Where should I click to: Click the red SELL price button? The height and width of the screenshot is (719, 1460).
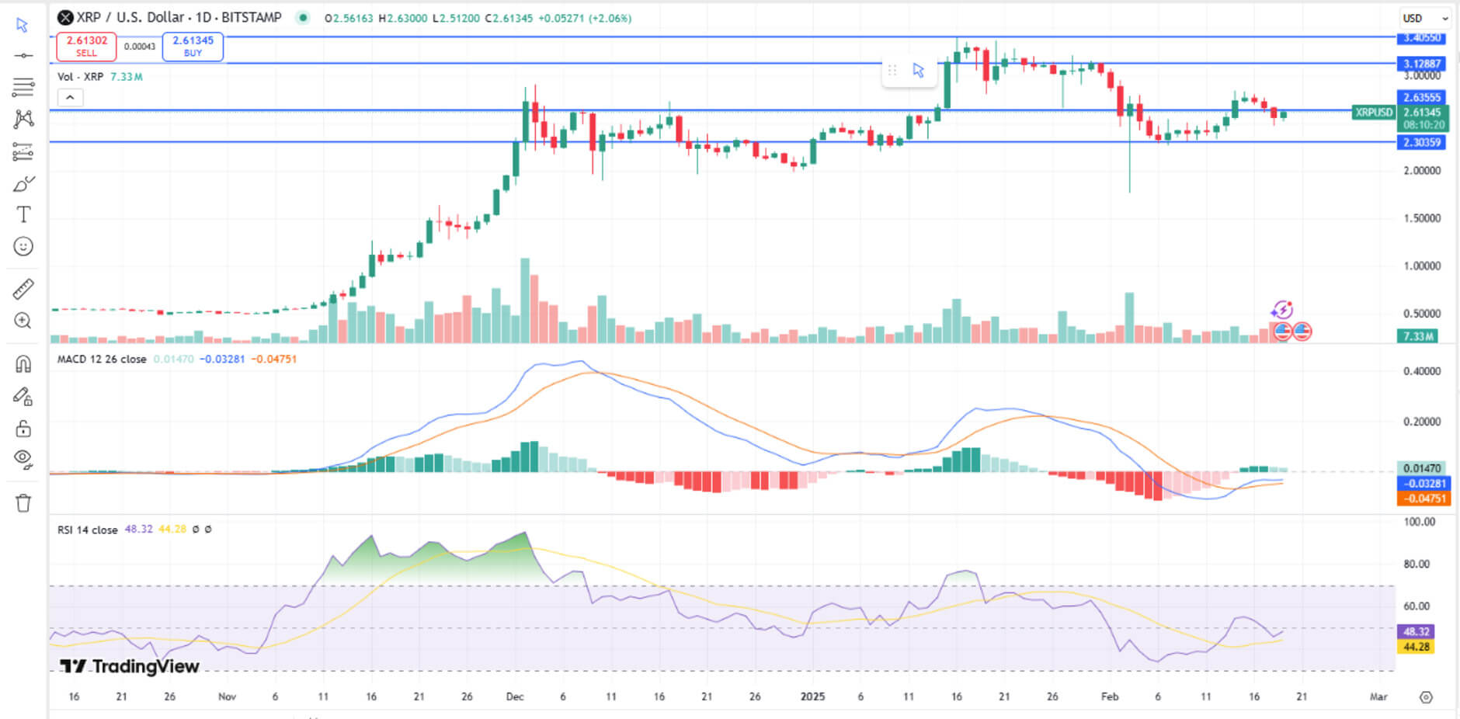tap(86, 47)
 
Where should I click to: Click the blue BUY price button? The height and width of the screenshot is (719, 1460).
tap(193, 47)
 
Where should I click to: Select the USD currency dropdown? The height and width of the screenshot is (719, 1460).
tap(1424, 18)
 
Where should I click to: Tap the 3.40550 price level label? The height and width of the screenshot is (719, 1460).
tap(1421, 38)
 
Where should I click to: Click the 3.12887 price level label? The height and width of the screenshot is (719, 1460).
tap(1421, 64)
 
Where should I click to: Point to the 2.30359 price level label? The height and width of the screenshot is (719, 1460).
tap(1421, 142)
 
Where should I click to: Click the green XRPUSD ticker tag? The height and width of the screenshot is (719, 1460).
tap(1373, 113)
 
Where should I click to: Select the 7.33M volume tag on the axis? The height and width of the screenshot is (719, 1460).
tap(1417, 336)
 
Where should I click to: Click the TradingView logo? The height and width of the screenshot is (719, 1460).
tap(130, 666)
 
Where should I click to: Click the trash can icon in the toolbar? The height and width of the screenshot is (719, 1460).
tap(23, 503)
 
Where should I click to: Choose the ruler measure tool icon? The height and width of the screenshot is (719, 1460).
tap(23, 289)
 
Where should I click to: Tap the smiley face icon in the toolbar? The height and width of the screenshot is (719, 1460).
tap(23, 246)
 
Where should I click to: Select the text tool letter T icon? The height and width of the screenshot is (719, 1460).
tap(23, 214)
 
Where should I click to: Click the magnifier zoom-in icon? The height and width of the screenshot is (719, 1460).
tap(23, 321)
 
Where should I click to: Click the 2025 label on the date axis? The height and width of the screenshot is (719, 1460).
tap(812, 696)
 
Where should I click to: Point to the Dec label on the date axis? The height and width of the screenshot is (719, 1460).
tap(514, 696)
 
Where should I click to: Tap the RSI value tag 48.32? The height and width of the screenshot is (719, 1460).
tap(1416, 632)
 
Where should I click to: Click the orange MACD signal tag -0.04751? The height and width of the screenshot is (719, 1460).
tap(1423, 498)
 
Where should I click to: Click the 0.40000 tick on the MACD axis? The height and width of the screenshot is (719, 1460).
tap(1421, 371)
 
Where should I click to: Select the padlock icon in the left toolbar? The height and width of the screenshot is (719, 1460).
tap(23, 429)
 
